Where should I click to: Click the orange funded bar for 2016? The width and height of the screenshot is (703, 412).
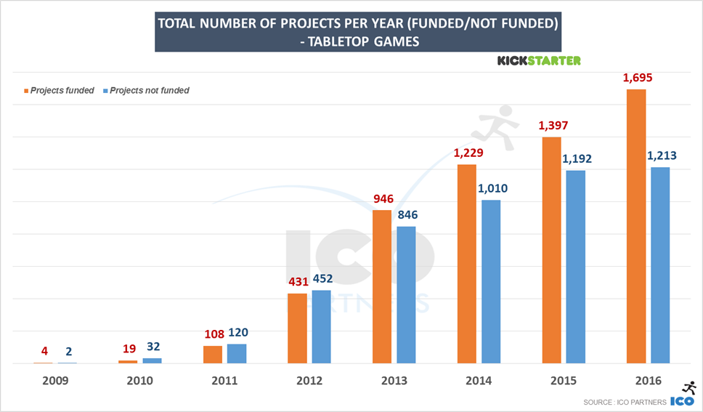point(636,226)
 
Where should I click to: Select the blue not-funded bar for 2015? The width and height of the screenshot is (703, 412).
point(576,267)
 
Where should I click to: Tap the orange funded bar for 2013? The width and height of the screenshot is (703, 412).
point(382,286)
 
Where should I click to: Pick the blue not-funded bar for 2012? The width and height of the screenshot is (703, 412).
point(322,326)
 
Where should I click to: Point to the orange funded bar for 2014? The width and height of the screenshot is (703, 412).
point(467,264)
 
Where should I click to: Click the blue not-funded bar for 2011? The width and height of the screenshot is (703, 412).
point(237,353)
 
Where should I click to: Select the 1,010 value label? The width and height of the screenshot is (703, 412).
point(491,188)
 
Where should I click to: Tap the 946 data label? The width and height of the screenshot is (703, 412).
point(382,198)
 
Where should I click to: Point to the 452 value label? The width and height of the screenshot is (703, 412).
point(322,280)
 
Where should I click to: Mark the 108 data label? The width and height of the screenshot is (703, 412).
point(213,334)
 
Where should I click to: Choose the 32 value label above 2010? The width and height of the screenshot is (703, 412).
point(152,347)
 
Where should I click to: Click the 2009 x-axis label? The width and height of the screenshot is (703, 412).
point(55,381)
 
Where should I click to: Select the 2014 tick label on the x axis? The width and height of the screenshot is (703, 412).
point(479,381)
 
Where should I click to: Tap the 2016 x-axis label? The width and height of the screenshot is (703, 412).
point(649,381)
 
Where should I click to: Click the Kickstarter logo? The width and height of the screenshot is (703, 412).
point(538,61)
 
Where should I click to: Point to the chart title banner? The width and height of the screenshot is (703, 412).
point(358,33)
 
